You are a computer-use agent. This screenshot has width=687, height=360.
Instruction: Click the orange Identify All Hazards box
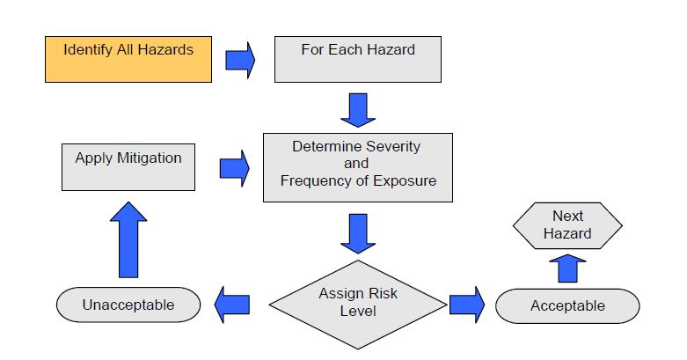click(x=128, y=59)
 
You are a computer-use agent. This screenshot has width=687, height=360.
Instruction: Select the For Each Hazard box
click(x=357, y=59)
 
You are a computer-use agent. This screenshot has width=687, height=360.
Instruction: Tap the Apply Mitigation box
click(x=128, y=166)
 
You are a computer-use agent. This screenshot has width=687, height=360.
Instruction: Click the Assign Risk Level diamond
click(x=357, y=302)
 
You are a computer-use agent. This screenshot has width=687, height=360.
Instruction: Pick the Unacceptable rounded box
click(x=128, y=305)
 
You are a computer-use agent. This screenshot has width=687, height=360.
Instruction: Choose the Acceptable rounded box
click(x=567, y=305)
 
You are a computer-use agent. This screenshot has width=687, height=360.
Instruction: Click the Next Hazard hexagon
click(x=567, y=226)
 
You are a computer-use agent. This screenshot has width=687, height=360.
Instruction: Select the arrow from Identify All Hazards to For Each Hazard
click(x=240, y=59)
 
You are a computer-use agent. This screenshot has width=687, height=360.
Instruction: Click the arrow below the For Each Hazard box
click(x=357, y=108)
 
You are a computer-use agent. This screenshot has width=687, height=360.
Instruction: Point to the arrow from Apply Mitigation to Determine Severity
click(x=234, y=166)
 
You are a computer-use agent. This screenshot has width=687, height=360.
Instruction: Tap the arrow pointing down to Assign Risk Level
click(x=357, y=233)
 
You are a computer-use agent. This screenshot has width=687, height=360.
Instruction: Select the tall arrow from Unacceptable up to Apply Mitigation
click(x=128, y=239)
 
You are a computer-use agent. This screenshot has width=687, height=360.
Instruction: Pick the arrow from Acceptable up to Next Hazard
click(x=567, y=268)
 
